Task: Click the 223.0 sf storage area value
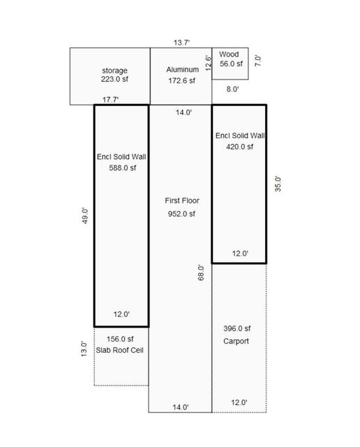[x=114, y=80]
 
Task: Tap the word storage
[x=115, y=70]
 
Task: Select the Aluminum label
[x=182, y=70]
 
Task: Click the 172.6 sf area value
[x=182, y=80]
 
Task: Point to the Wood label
[x=229, y=54]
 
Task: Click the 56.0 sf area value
[x=231, y=64]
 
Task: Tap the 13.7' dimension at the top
[x=182, y=43]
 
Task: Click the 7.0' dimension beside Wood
[x=257, y=60]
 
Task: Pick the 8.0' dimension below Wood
[x=232, y=89]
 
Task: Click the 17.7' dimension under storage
[x=111, y=100]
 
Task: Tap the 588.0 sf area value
[x=121, y=168]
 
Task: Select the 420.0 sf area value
[x=239, y=147]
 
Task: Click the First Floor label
[x=183, y=200]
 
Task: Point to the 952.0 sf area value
[x=182, y=214]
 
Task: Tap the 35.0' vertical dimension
[x=277, y=184]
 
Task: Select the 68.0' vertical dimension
[x=202, y=272]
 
